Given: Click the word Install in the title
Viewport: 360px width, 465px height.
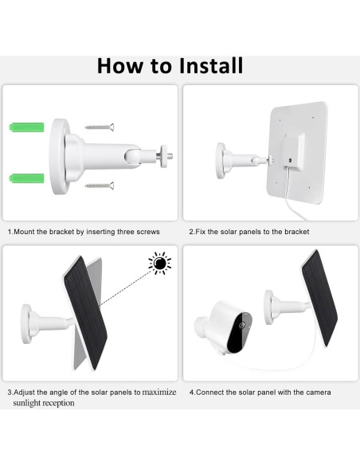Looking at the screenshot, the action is coord(211,65).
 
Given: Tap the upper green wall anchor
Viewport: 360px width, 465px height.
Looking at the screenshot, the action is coord(27,127).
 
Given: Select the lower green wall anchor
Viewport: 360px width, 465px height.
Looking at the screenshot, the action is coord(27,178).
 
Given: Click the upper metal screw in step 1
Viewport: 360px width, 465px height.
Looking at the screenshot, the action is coord(100,127).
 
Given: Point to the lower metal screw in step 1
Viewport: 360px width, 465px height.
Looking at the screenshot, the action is coord(100,186).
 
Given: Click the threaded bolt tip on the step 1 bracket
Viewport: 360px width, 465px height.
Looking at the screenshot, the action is coord(170,156).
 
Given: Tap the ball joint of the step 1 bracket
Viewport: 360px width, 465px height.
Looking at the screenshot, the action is coord(133,156).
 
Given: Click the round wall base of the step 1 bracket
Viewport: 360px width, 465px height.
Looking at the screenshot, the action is coord(59,157).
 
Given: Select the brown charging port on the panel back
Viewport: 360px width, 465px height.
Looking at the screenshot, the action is coord(289,160).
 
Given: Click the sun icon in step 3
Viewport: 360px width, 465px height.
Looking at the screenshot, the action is coord(160,263).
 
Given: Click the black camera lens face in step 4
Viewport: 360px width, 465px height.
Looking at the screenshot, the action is coord(240,332).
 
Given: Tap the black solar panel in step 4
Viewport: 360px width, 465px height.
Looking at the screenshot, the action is coord(319,298).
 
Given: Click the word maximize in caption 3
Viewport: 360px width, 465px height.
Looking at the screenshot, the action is coord(159,392).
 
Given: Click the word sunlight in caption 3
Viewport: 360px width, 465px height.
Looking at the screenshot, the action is coord(26,403).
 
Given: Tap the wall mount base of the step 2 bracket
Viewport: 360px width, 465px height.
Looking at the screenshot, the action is coord(221,160).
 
